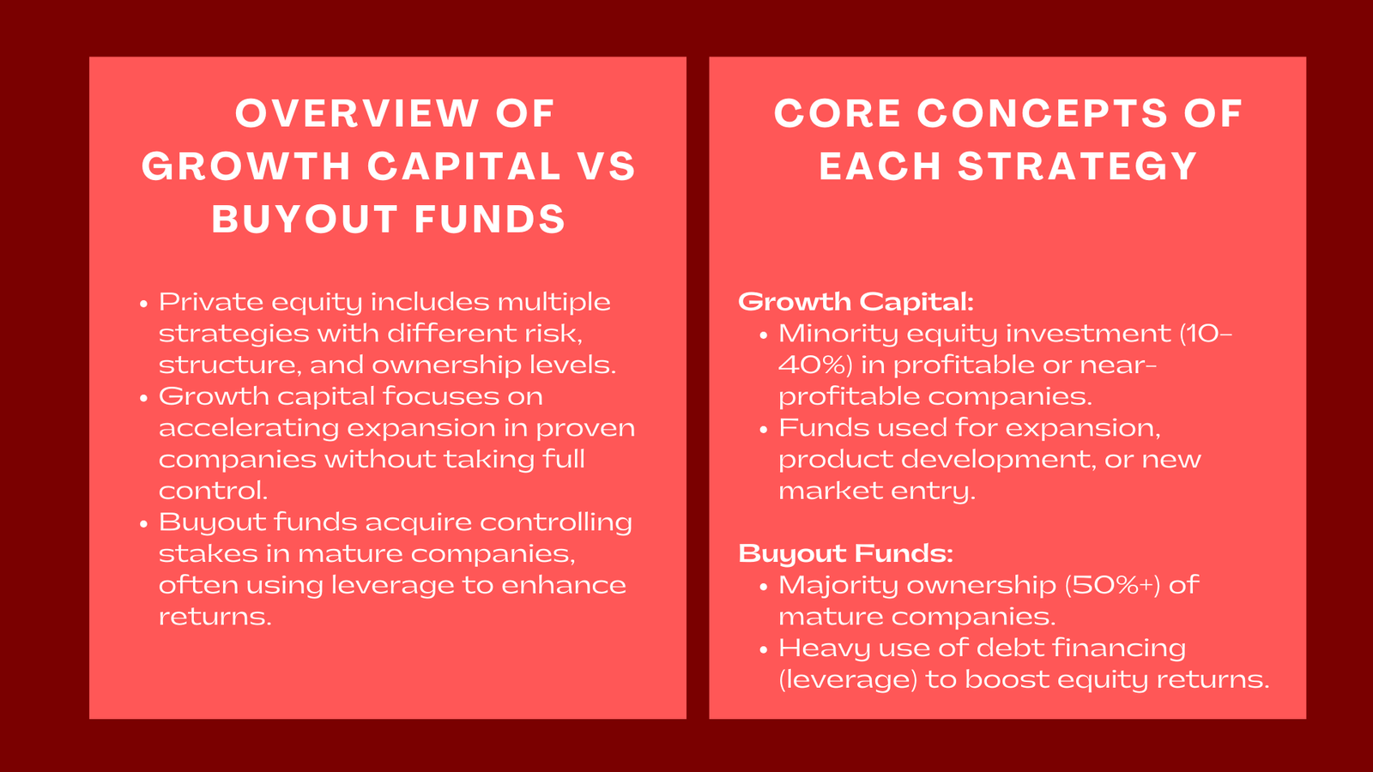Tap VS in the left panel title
pos(606,166)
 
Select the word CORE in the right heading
pos(837,114)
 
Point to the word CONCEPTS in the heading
pos(1042,114)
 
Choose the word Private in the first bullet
pos(211,303)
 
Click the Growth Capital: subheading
pos(856,302)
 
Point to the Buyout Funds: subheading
pos(845,554)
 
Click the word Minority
pos(838,334)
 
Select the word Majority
pos(838,585)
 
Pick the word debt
pos(1013,648)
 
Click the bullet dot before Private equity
pos(143,305)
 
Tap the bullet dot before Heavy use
pos(763,650)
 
